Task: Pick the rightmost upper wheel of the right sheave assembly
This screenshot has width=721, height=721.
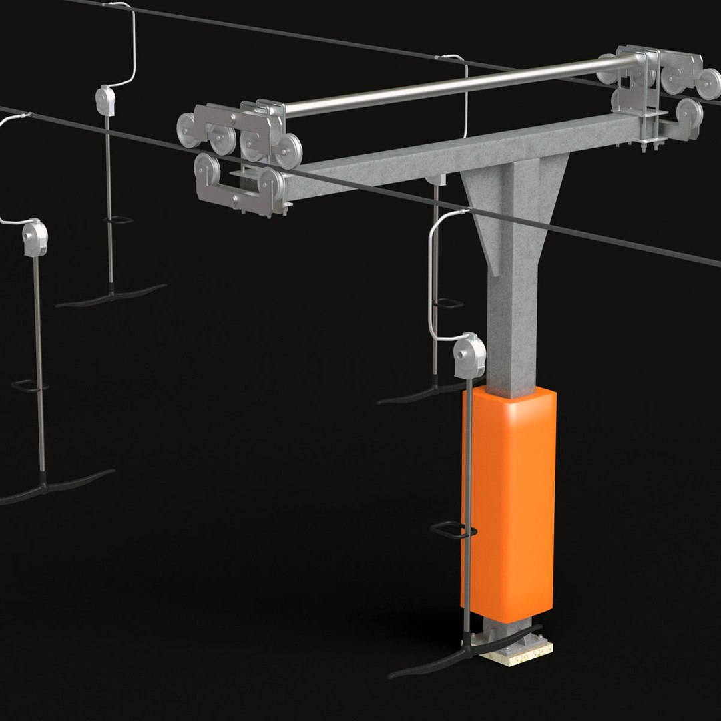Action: point(708,83)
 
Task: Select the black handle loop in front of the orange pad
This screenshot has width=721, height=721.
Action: point(453,531)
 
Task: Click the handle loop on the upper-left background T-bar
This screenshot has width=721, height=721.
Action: point(117,219)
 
